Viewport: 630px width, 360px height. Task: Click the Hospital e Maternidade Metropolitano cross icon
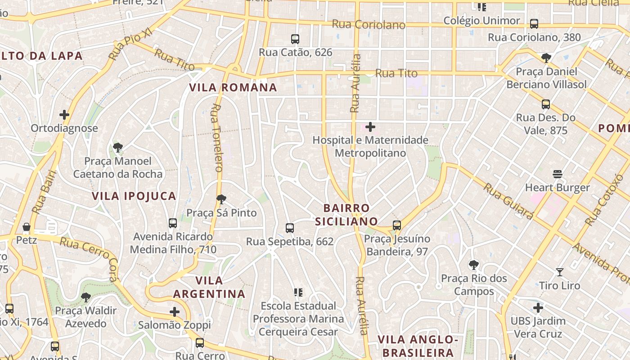[370, 127]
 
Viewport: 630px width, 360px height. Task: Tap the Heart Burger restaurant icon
[558, 174]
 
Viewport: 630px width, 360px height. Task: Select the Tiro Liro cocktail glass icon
[559, 272]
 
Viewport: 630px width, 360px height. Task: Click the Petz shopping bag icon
[27, 227]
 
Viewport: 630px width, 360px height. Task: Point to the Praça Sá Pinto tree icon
[221, 199]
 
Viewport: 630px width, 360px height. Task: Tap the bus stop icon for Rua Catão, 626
[295, 39]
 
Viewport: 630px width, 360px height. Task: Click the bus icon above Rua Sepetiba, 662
[290, 228]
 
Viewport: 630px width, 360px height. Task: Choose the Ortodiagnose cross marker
[64, 115]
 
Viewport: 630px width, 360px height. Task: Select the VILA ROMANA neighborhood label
[233, 87]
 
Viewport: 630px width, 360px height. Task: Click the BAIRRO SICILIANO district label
[346, 215]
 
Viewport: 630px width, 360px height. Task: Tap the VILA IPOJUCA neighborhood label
[134, 196]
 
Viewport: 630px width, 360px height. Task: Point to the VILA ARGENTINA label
[209, 287]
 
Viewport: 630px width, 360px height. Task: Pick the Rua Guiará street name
[508, 201]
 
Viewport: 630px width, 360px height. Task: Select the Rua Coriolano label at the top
[369, 24]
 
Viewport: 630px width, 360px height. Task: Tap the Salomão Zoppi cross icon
[175, 311]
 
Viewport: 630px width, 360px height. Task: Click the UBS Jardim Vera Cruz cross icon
[538, 308]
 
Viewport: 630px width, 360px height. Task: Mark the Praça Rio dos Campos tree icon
[473, 265]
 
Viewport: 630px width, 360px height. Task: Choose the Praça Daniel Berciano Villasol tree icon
[546, 58]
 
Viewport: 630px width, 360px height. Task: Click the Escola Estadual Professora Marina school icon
[298, 292]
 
